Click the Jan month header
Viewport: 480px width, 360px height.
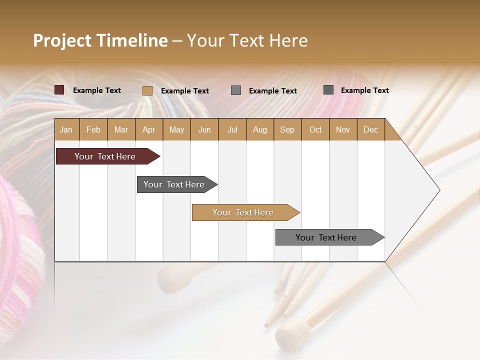point(66,130)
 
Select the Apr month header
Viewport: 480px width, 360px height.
point(149,130)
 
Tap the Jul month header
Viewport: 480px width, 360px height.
point(232,130)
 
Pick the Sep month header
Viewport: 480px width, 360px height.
point(287,130)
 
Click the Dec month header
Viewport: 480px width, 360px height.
point(370,130)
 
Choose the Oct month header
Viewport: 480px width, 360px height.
point(315,130)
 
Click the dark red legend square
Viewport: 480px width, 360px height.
point(59,90)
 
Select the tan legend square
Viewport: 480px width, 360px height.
point(147,90)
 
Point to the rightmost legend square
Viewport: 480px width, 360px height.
point(328,90)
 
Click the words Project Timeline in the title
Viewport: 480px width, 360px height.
point(100,40)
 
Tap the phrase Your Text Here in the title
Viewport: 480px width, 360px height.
point(247,40)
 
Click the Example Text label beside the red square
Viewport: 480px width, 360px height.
point(97,90)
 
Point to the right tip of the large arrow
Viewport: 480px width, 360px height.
point(439,190)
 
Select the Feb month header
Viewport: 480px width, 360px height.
point(93,130)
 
